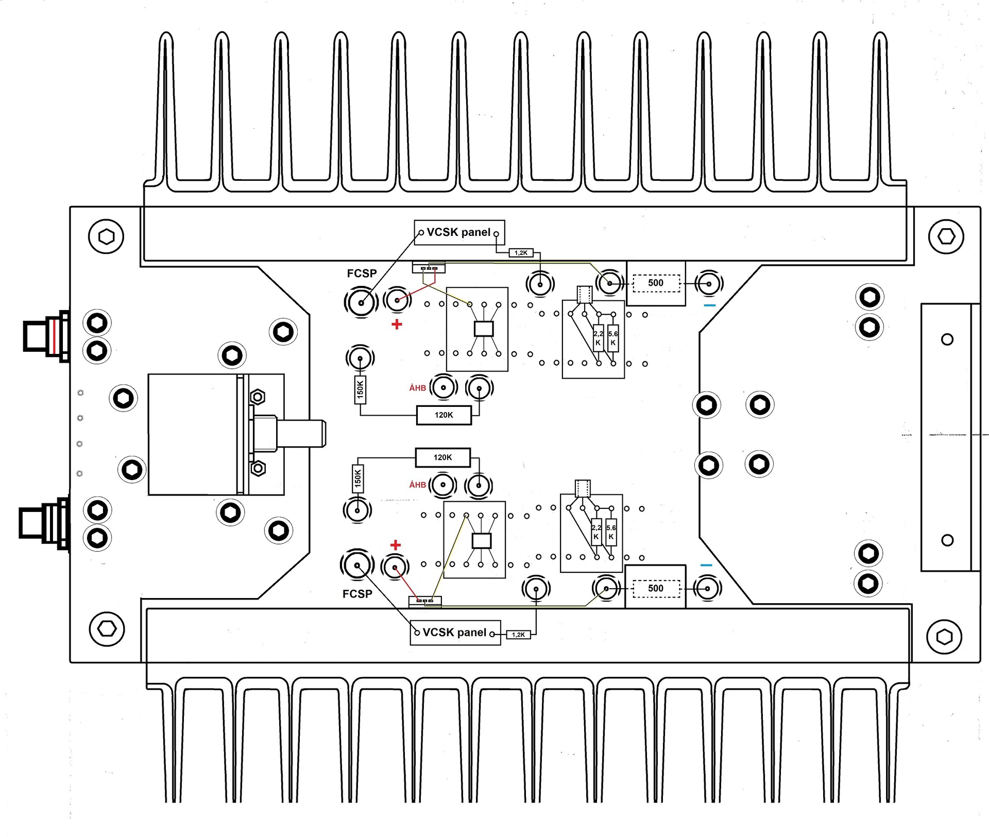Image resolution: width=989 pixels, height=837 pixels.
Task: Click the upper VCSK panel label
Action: pyautogui.click(x=458, y=232)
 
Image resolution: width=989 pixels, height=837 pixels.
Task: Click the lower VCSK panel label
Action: pyautogui.click(x=454, y=633)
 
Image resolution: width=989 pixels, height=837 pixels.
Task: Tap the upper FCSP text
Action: pyautogui.click(x=362, y=274)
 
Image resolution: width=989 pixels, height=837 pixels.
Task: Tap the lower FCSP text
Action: pyautogui.click(x=357, y=594)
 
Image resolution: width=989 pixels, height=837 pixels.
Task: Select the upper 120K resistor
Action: pyautogui.click(x=444, y=415)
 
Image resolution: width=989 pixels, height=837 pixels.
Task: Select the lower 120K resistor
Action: pyautogui.click(x=442, y=457)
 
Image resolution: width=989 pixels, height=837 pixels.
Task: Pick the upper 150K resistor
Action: pyautogui.click(x=360, y=389)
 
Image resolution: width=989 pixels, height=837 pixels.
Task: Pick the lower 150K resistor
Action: pyautogui.click(x=357, y=479)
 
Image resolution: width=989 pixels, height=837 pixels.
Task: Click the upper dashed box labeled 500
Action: pyautogui.click(x=656, y=283)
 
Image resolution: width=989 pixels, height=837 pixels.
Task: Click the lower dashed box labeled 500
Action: pyautogui.click(x=656, y=589)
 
